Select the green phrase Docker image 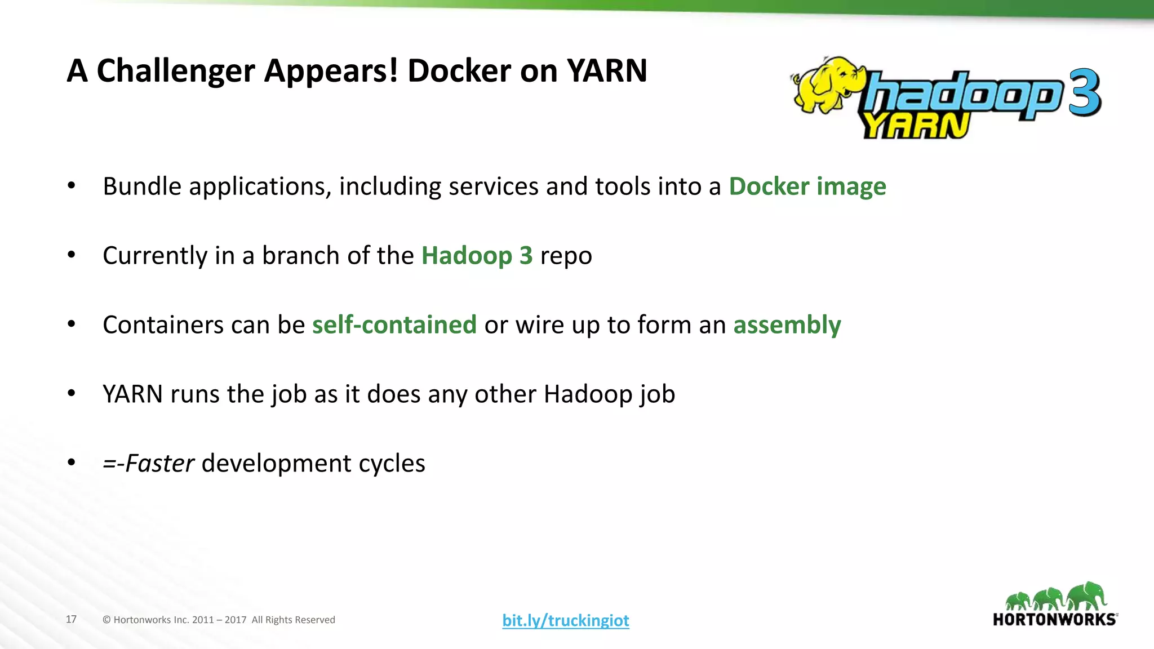click(807, 186)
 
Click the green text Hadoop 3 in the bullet click(477, 256)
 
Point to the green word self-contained click(394, 325)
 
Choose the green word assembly click(787, 325)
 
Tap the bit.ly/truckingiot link click(565, 620)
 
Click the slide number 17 click(71, 620)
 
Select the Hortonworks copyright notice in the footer click(219, 620)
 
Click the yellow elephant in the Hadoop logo click(826, 85)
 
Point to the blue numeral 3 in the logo click(1084, 93)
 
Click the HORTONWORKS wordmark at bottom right click(1054, 620)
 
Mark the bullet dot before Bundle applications click(71, 186)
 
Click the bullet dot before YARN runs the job click(71, 394)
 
